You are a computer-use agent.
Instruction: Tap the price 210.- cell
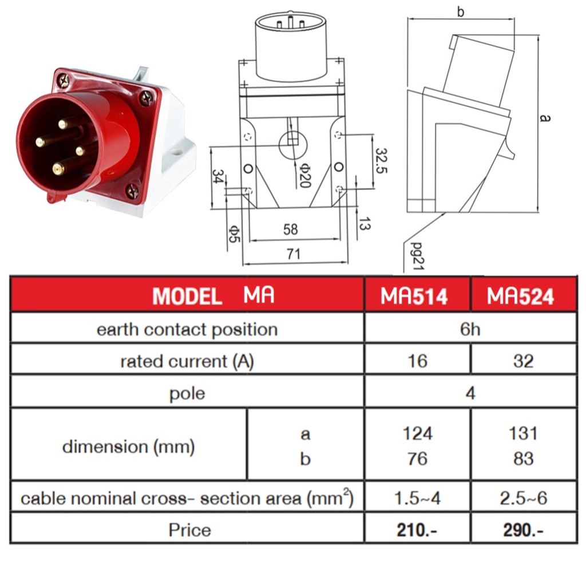coord(417,530)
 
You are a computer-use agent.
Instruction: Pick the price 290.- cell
coord(523,530)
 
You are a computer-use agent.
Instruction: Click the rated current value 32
coord(523,361)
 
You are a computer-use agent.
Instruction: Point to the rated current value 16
coord(417,361)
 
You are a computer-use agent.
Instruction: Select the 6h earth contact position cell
coord(469,329)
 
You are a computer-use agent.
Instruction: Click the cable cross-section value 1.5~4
coord(417,498)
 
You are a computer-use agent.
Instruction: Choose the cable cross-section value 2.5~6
coord(523,498)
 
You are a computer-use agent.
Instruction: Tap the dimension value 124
coord(417,433)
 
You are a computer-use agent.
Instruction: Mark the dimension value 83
coord(523,459)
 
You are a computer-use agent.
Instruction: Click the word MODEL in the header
coord(187,296)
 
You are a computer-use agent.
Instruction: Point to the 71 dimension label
coord(293,255)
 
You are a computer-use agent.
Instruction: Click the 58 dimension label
coord(291,229)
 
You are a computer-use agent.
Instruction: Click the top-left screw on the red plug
coord(65,81)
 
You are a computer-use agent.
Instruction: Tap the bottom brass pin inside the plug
coord(58,169)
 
